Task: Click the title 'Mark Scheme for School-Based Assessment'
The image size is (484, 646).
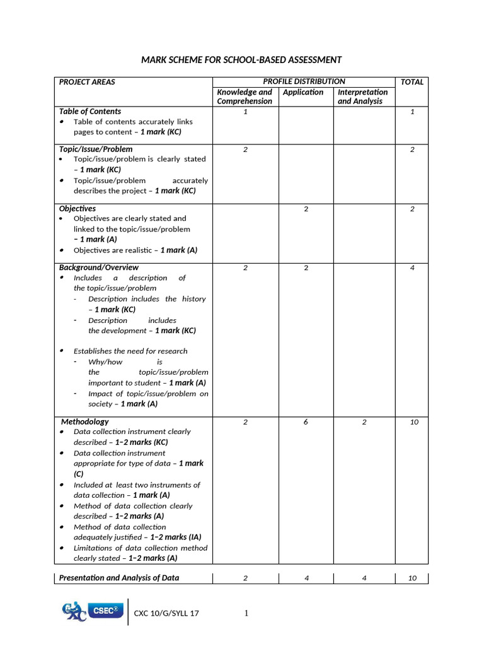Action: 241,60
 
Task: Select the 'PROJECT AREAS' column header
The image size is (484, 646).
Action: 87,82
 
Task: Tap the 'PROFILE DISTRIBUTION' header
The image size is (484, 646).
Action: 304,81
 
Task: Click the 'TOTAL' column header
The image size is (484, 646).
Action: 412,82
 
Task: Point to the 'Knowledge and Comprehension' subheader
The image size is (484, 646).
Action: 245,97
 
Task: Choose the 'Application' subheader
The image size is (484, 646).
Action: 303,92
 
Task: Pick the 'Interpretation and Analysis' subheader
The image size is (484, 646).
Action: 363,97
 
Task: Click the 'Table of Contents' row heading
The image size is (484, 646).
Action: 90,111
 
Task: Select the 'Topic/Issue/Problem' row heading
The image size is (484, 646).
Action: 96,149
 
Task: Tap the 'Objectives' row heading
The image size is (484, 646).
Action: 78,208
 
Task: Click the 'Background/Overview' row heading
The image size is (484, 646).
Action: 99,267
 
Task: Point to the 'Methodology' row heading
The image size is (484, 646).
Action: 85,421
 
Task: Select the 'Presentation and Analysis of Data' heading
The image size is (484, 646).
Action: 119,577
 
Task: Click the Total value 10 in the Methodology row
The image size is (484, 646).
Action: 414,422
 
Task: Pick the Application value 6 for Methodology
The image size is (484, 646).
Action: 306,422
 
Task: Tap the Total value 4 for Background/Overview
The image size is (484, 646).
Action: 412,268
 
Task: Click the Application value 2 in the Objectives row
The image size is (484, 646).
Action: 306,209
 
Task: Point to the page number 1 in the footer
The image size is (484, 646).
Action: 246,613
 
